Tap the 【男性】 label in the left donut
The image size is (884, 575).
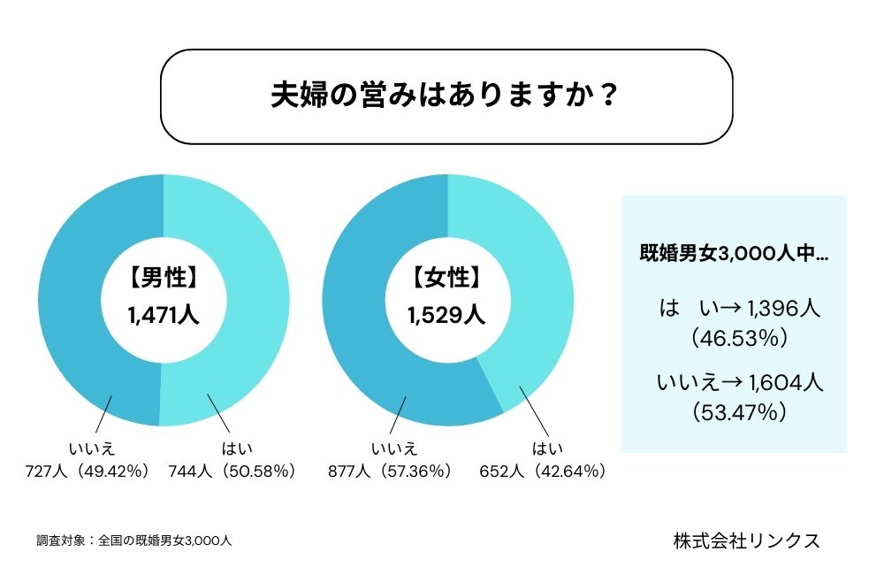(x=164, y=278)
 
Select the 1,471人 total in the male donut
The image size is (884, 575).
(x=164, y=313)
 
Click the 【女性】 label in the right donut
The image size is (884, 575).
(x=447, y=278)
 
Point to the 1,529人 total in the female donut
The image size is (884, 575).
(x=447, y=313)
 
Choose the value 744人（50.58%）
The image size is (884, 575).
(x=232, y=471)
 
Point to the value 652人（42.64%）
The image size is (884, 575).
(x=543, y=471)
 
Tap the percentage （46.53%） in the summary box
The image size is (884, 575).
(x=733, y=338)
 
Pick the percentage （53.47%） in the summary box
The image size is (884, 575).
(x=733, y=411)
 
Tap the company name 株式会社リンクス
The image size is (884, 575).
(x=745, y=540)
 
